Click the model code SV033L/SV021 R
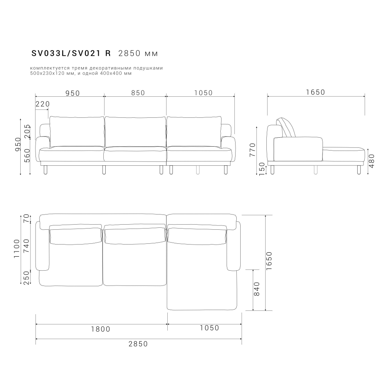[x=71, y=53]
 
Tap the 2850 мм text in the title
[x=138, y=53]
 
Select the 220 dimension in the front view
[x=43, y=104]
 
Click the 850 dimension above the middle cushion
[x=138, y=93]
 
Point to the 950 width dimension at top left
[x=73, y=93]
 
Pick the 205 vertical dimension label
[x=27, y=131]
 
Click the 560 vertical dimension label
[x=27, y=156]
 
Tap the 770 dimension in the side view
[x=252, y=150]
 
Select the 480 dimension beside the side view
[x=371, y=161]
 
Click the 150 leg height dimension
[x=262, y=169]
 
